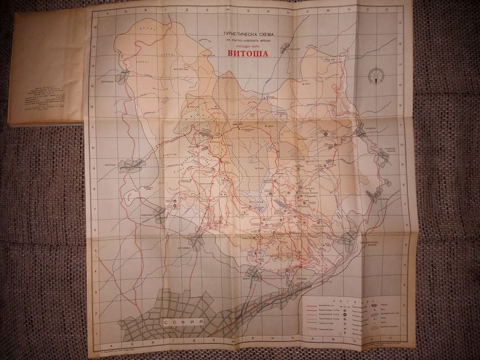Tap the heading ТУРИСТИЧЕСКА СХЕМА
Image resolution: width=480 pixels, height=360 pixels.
243,32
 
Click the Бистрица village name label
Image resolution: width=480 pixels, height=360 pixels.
101,166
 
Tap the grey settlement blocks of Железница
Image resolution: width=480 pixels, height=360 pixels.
123,78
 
